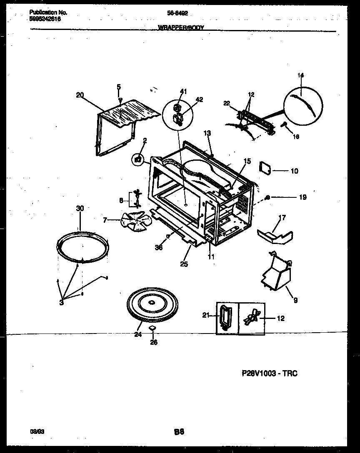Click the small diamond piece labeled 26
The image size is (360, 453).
pos(152,329)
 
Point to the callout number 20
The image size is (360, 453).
pos(80,95)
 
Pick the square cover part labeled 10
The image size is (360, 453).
pos(265,167)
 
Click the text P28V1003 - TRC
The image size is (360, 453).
pos(269,373)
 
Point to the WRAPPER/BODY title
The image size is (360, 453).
pos(180,28)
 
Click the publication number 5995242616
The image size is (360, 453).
pos(45,19)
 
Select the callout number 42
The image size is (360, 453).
pos(199,99)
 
